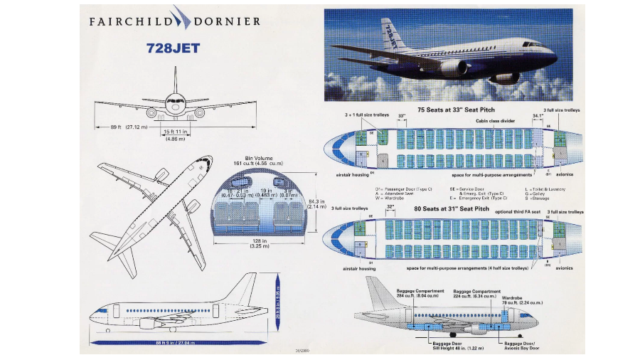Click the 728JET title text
(x=173, y=48)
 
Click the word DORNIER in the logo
(x=227, y=21)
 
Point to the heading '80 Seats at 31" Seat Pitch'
(x=452, y=208)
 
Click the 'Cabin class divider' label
(x=496, y=121)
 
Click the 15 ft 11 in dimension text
(x=175, y=132)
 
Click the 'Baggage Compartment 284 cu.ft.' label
(x=421, y=294)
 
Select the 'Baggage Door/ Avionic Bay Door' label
(x=521, y=345)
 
